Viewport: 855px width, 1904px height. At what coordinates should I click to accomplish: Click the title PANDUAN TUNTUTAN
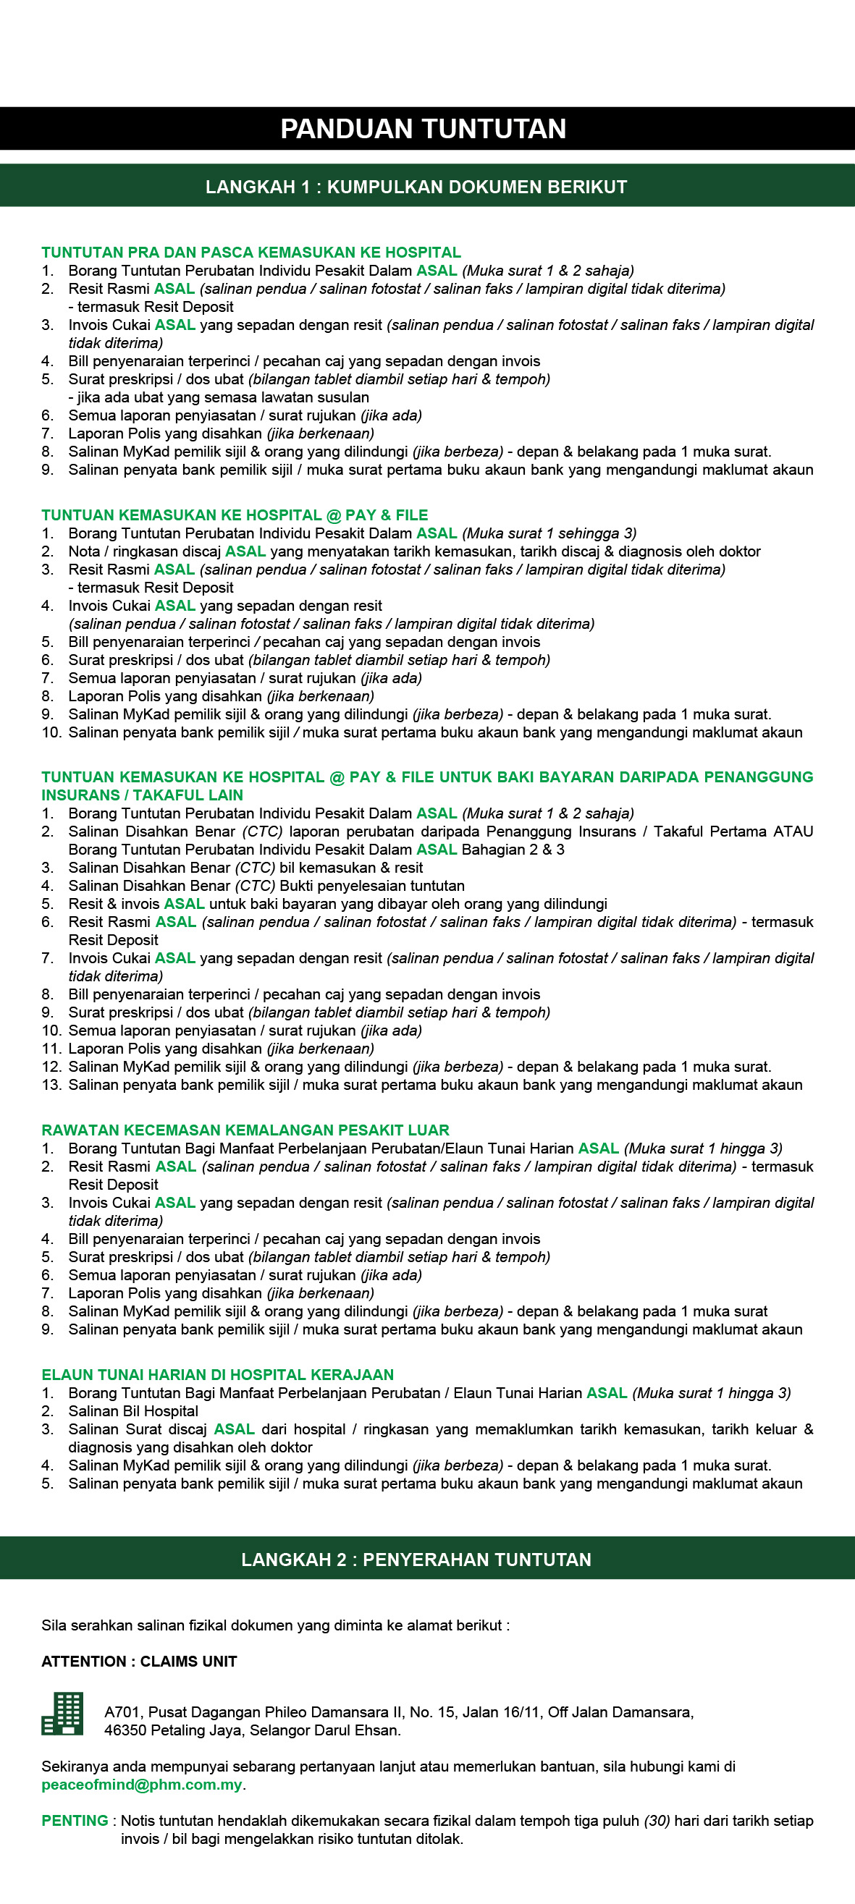[423, 129]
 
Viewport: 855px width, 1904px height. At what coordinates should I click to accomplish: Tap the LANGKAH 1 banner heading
[416, 187]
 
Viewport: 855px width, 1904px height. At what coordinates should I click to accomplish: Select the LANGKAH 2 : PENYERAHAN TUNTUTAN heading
[416, 1560]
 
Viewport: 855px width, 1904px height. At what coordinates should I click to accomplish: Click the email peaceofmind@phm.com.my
[142, 1785]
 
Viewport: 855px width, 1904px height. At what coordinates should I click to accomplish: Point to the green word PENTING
[75, 1822]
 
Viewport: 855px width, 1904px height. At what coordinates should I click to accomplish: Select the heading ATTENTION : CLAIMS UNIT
[139, 1662]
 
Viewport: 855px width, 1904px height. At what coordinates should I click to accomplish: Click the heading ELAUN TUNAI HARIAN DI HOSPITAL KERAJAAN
[217, 1375]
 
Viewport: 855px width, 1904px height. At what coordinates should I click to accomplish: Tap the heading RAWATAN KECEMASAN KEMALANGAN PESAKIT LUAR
[245, 1130]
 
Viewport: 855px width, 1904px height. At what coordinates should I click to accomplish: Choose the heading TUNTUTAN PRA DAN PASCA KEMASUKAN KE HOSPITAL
[251, 253]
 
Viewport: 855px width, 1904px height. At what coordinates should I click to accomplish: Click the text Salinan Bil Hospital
[133, 1411]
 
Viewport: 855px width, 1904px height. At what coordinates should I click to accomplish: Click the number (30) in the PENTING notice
[657, 1822]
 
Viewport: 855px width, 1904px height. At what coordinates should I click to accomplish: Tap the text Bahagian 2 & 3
[513, 850]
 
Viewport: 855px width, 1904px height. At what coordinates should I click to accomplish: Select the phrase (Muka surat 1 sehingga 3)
[549, 533]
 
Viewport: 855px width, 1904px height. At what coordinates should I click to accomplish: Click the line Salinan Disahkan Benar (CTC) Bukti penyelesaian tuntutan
[266, 887]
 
